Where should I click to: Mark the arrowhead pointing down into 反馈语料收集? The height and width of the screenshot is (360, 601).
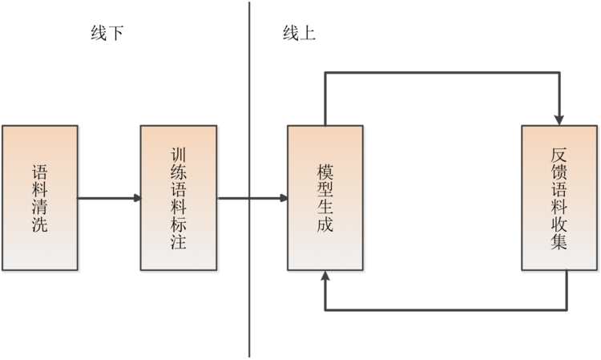(x=559, y=119)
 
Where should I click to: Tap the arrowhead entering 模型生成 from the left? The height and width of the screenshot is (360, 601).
(x=283, y=198)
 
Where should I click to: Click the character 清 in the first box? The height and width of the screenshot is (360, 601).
(x=39, y=207)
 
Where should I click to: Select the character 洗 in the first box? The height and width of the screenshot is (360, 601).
(x=39, y=225)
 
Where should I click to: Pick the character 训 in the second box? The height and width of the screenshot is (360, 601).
(x=179, y=152)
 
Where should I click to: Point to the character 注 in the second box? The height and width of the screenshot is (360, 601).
(x=179, y=241)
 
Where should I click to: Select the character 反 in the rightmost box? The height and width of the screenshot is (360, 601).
(x=559, y=154)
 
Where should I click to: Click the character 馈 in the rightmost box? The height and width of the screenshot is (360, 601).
(x=559, y=172)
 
